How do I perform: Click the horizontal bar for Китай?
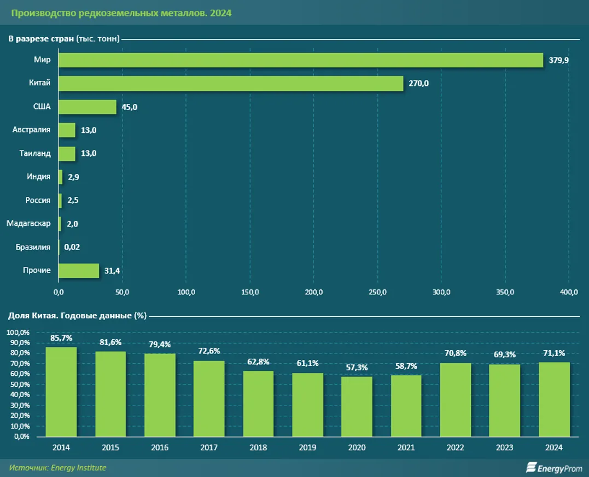231,83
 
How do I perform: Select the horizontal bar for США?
88,107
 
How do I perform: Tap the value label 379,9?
559,60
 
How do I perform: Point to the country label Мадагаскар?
28,223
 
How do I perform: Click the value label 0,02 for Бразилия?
72,247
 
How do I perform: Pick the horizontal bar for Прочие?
79,270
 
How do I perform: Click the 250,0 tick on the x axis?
377,292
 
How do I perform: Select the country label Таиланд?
35,153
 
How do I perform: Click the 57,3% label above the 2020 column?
357,367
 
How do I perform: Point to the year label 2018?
258,447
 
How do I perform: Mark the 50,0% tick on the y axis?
18,385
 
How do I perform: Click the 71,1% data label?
553,353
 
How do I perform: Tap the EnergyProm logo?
554,468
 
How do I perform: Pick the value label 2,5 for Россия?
73,200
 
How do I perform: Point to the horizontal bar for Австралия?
67,130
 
